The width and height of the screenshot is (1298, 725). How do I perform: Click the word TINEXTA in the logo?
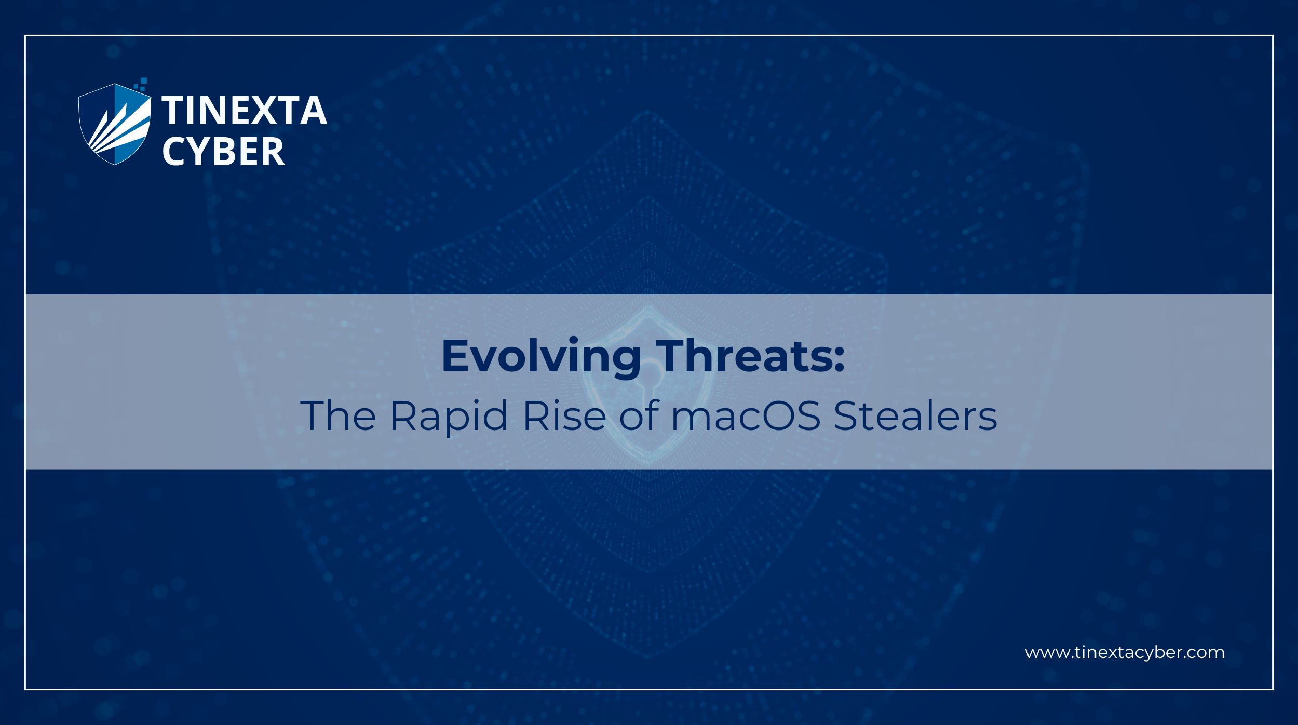point(244,111)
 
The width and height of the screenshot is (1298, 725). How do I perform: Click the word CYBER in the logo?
point(224,152)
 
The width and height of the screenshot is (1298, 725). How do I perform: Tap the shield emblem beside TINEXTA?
point(115,125)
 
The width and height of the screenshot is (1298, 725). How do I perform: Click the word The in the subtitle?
point(338,415)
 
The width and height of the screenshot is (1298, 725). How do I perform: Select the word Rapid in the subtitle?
point(449,417)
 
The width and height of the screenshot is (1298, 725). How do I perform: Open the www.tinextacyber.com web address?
point(1125,653)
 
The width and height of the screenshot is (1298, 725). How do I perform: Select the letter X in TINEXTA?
point(264,111)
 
